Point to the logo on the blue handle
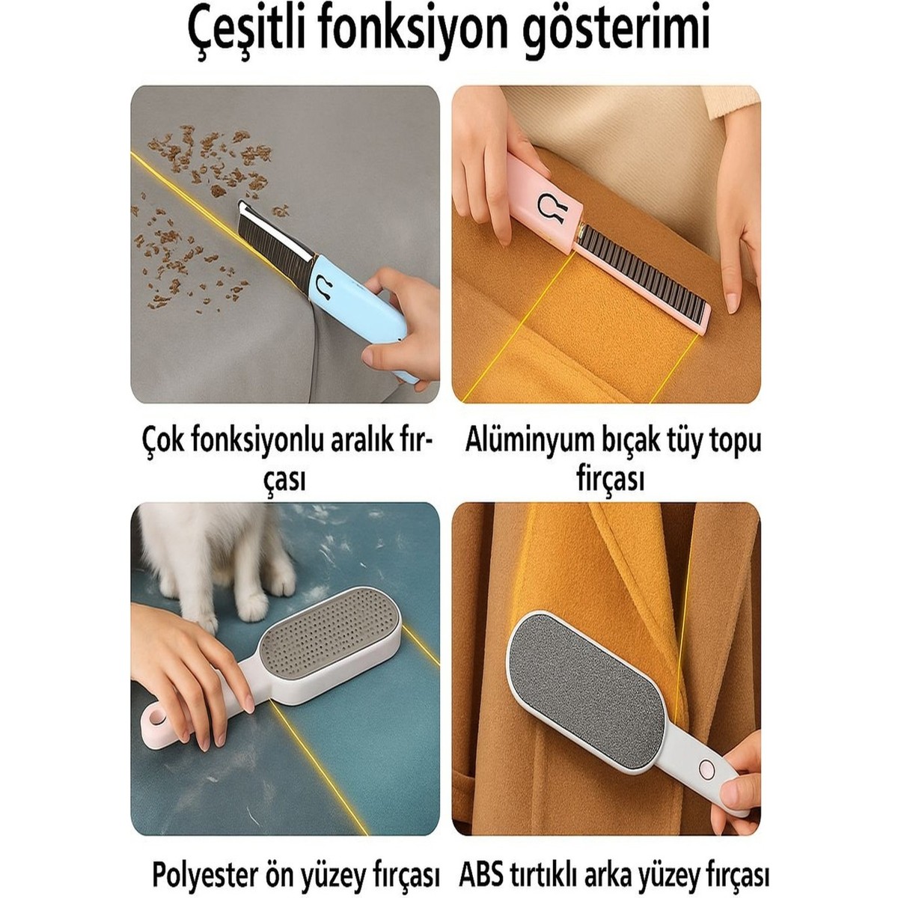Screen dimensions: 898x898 click(x=324, y=287)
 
